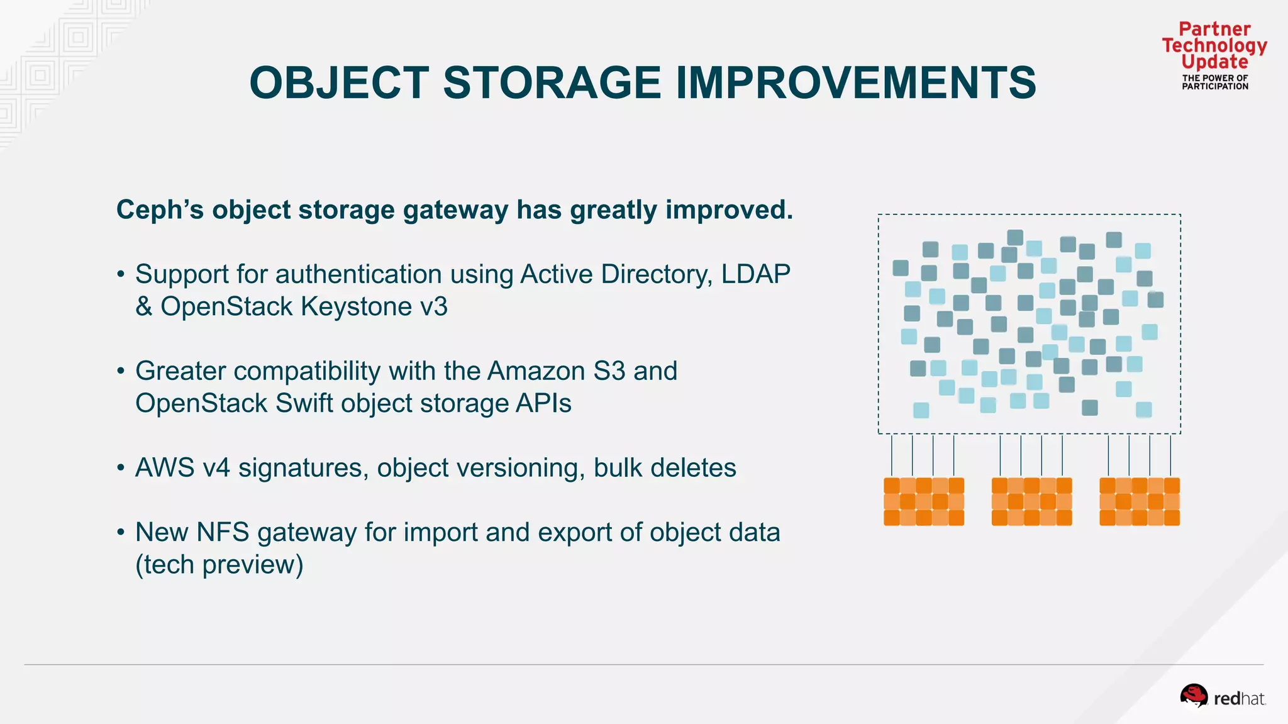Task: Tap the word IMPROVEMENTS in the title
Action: coord(856,83)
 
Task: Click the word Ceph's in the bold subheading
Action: coord(160,210)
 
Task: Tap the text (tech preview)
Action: coord(219,565)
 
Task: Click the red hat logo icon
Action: coord(1193,696)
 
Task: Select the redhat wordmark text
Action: coord(1239,699)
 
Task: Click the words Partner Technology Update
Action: coord(1214,45)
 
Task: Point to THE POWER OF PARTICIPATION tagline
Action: coord(1214,82)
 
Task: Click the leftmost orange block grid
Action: coord(923,501)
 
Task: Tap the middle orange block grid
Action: coord(1031,501)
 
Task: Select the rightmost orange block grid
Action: coord(1139,501)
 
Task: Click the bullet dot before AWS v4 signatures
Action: coord(121,468)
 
